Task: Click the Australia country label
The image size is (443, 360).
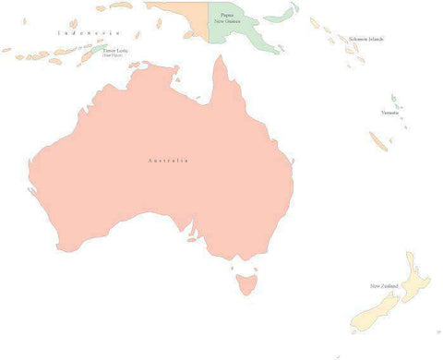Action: click(168, 161)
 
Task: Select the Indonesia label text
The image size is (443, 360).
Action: click(88, 33)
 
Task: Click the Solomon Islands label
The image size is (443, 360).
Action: click(366, 39)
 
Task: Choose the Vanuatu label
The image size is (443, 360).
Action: click(389, 113)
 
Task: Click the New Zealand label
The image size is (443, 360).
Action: click(385, 285)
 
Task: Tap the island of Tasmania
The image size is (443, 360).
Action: click(245, 281)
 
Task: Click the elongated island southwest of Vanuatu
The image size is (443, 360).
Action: click(377, 140)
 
